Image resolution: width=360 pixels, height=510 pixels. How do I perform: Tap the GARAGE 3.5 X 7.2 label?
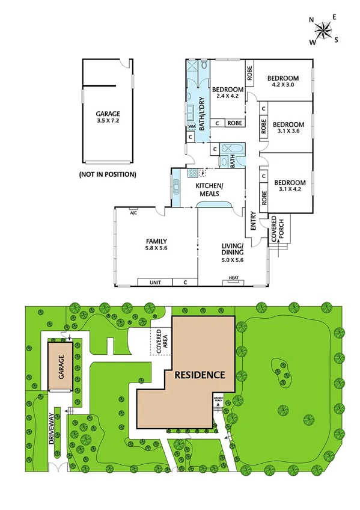[108, 117]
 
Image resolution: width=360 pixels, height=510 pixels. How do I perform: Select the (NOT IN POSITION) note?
[108, 174]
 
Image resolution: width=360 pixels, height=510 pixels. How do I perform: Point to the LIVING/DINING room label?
[231, 253]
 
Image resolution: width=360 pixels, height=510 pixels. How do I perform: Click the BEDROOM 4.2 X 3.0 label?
[283, 81]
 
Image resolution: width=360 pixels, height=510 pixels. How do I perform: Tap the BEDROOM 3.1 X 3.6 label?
[288, 128]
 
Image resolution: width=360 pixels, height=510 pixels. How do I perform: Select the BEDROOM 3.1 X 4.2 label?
[290, 186]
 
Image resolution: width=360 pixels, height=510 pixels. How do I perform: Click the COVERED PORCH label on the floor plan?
[278, 229]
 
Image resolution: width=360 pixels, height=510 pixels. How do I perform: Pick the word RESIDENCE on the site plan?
[200, 374]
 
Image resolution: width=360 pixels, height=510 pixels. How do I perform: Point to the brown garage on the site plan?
[60, 367]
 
